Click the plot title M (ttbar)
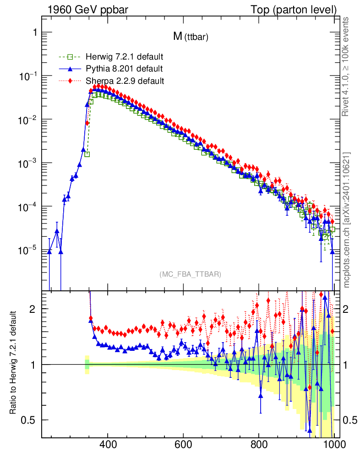[x=191, y=37]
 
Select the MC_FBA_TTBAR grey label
[x=191, y=274]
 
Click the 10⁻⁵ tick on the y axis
[x=27, y=251]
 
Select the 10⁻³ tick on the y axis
[x=27, y=164]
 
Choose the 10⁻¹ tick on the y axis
[x=27, y=76]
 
